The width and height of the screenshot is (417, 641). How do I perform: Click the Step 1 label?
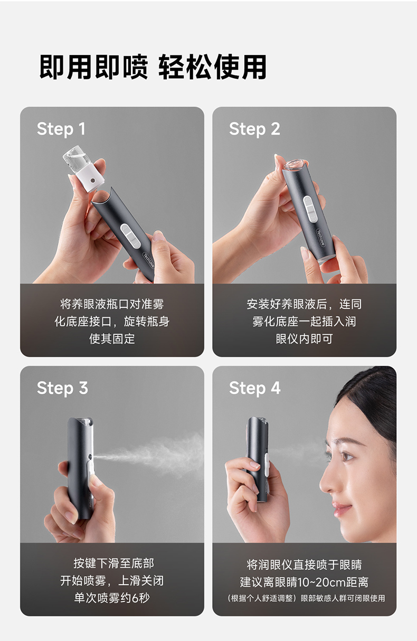click(61, 129)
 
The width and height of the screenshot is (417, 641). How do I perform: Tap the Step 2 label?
click(254, 129)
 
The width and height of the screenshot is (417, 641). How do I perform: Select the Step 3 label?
click(62, 388)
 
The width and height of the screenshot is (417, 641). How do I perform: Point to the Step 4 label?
click(255, 388)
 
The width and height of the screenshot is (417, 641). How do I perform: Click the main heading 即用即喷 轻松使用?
click(153, 67)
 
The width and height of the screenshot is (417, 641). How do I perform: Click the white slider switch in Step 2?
click(310, 209)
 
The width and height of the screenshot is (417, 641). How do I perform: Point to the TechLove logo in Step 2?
click(320, 238)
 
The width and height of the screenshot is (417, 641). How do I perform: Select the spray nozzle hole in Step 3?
click(90, 457)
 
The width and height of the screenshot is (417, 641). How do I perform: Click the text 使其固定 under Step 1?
click(112, 339)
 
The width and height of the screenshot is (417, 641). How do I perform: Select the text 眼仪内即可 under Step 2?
click(305, 339)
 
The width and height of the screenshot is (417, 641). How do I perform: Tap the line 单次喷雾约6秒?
click(112, 598)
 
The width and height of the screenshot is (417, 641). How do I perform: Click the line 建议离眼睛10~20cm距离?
click(305, 582)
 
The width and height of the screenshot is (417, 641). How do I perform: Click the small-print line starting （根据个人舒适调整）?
click(305, 598)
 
